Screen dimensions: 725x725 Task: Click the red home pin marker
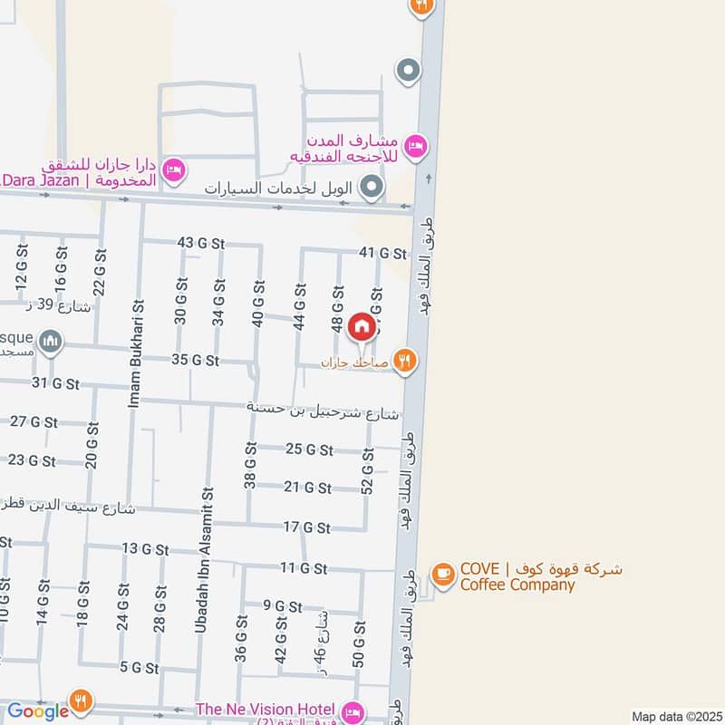(x=361, y=326)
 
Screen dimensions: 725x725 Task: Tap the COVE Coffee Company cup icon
(x=442, y=574)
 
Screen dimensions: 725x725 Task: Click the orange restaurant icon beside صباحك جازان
(x=405, y=362)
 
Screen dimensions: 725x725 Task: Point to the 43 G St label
(x=200, y=243)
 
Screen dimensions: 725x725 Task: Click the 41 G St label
(x=380, y=252)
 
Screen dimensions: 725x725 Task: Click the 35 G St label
(x=195, y=360)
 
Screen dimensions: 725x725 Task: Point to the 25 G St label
(x=309, y=449)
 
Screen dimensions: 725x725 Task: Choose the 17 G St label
(x=306, y=527)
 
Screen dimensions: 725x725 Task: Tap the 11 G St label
(x=303, y=568)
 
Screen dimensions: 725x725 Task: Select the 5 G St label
(x=139, y=668)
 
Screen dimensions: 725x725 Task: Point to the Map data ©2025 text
(x=675, y=717)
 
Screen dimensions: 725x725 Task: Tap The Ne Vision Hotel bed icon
(x=353, y=710)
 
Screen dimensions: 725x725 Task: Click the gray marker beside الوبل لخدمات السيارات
(x=371, y=189)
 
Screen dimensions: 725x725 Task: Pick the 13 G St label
(x=145, y=549)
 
